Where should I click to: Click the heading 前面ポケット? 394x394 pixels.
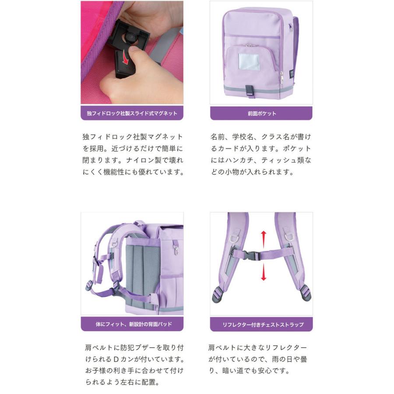click(x=261, y=113)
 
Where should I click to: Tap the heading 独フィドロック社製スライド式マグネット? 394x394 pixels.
click(x=132, y=113)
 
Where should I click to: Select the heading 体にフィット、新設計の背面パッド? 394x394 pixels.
click(x=132, y=324)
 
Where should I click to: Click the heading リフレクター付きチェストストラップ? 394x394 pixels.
click(x=261, y=324)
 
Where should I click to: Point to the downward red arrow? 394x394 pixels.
click(x=263, y=274)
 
